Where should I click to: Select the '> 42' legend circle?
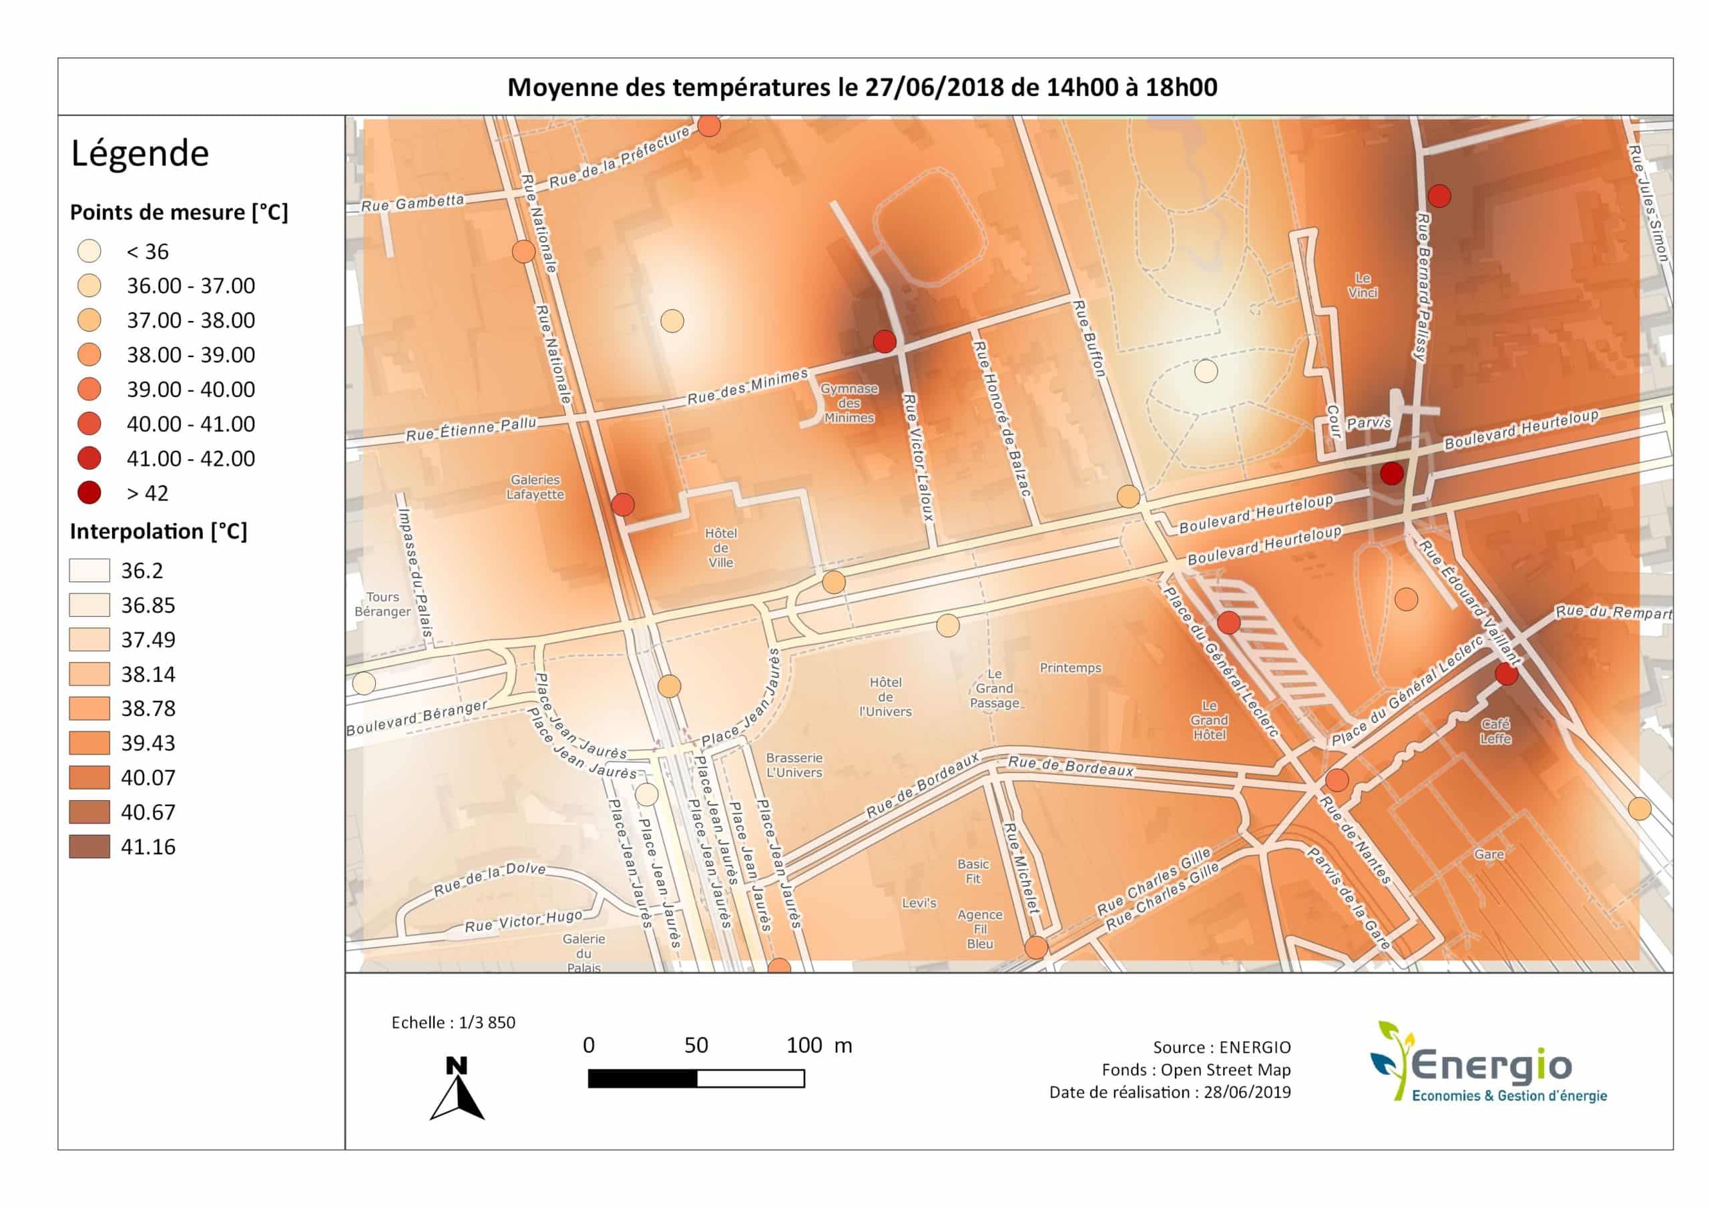click(89, 493)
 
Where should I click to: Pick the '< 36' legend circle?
click(89, 252)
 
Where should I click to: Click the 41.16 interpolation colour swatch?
click(89, 846)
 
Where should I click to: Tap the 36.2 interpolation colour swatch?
click(89, 570)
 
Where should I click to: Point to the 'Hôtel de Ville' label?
click(720, 548)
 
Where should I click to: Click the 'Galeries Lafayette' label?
click(535, 487)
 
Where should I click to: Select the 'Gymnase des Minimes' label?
click(849, 403)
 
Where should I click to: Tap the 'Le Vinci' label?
click(1363, 285)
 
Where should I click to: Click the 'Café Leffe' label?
click(1495, 731)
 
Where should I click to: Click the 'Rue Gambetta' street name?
click(413, 202)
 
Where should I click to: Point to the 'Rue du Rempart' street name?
click(1613, 612)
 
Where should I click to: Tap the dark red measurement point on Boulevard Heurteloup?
click(1392, 473)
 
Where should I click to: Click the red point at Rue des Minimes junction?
click(885, 342)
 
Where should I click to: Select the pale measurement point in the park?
click(1206, 370)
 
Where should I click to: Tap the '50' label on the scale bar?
click(696, 1045)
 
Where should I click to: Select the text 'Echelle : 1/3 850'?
click(453, 1022)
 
